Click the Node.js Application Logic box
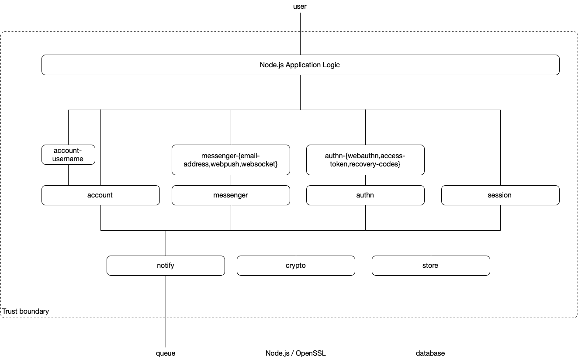click(x=300, y=65)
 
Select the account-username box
click(x=69, y=155)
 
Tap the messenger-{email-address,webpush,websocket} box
click(x=231, y=160)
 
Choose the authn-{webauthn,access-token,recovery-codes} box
click(x=365, y=160)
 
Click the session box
click(x=500, y=195)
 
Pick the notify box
click(x=166, y=266)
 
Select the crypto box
click(x=296, y=266)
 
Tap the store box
click(x=431, y=266)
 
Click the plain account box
click(x=100, y=195)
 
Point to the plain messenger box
click(x=231, y=195)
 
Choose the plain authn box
click(x=365, y=195)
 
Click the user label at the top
click(x=300, y=7)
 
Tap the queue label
click(x=166, y=353)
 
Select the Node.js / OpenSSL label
click(x=296, y=353)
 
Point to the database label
click(x=430, y=353)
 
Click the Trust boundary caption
click(x=25, y=311)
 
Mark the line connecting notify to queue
click(x=166, y=312)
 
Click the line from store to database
click(x=431, y=312)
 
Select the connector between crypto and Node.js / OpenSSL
click(x=296, y=312)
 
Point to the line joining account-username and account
click(x=69, y=175)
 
